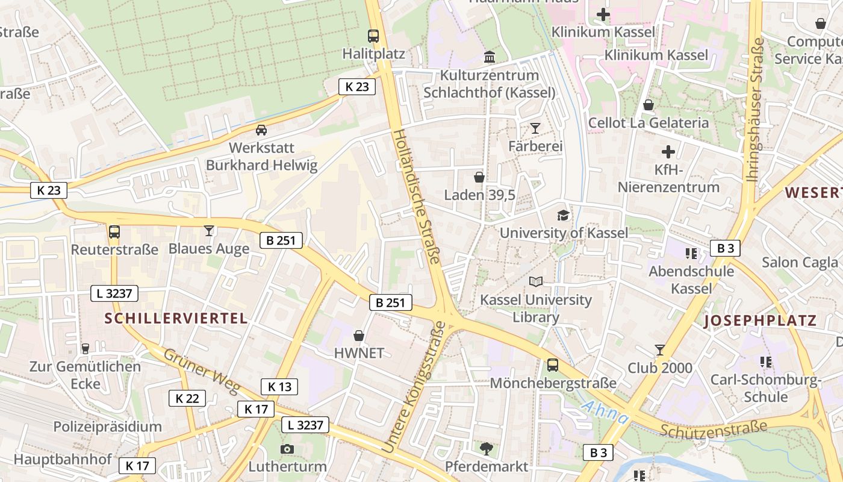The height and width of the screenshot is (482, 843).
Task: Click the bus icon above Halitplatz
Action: point(373,36)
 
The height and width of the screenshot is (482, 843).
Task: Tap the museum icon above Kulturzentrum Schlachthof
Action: point(490,57)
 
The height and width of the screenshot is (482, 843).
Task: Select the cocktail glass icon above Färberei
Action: point(535,128)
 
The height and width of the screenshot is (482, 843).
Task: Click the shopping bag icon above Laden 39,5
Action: point(479,177)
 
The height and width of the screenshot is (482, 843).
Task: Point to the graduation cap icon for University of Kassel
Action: point(563,215)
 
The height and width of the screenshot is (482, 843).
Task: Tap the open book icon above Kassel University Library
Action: point(535,281)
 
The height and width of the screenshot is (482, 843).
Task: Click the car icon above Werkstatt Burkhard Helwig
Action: point(261,130)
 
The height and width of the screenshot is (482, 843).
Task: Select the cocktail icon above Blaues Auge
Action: point(208,231)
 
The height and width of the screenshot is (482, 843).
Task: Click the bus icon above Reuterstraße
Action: point(114,231)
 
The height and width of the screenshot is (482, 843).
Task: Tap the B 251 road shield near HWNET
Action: point(391,302)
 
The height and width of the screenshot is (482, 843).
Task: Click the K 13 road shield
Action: point(279,387)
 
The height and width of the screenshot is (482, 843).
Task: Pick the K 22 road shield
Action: point(187,398)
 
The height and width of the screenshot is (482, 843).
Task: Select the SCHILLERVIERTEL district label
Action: point(176,318)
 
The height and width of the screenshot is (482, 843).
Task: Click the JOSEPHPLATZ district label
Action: point(760,321)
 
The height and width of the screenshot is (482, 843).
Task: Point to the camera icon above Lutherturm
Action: point(287,449)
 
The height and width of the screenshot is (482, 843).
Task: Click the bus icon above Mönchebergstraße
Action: point(552,365)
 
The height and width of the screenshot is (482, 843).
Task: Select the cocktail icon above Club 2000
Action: point(660,350)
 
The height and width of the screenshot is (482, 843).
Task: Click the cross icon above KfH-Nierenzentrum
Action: point(668,152)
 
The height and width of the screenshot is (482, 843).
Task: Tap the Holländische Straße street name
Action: point(417,196)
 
